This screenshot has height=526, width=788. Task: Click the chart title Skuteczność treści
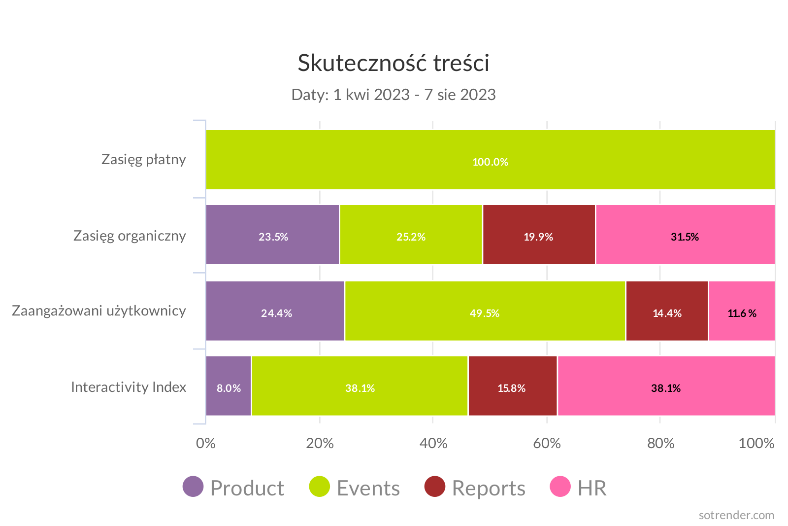[x=394, y=63]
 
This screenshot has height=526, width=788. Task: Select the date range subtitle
[x=394, y=94]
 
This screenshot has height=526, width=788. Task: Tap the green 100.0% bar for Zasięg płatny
[x=490, y=160]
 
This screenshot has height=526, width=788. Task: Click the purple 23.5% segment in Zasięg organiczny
[x=273, y=235]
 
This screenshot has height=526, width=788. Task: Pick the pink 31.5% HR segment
[x=685, y=235]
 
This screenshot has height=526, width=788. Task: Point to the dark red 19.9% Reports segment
[x=539, y=235]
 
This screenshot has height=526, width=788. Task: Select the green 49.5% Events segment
[x=485, y=311]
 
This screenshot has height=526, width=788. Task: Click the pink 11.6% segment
[x=742, y=311]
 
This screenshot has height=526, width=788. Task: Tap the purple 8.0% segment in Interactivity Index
[x=229, y=386]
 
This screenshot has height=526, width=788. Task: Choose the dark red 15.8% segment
[x=512, y=386]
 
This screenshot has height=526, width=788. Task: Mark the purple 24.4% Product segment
[x=275, y=311]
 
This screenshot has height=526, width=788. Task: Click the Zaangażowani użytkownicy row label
[x=99, y=311]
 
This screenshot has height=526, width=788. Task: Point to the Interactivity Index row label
[x=129, y=387]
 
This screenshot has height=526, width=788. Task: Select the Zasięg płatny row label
[x=144, y=159]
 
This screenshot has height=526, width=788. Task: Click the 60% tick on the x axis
[x=547, y=443]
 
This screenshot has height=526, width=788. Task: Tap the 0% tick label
[x=206, y=443]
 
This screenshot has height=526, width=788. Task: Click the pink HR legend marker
[x=560, y=487]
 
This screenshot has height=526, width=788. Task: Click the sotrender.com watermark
[x=736, y=515]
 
